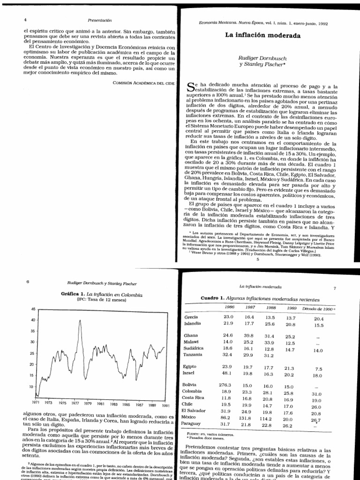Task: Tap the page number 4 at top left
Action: [x=25, y=20]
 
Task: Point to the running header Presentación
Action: [x=100, y=20]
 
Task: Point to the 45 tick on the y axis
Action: [x=32, y=309]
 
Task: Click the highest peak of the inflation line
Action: [x=80, y=321]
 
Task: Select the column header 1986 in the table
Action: [x=230, y=307]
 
